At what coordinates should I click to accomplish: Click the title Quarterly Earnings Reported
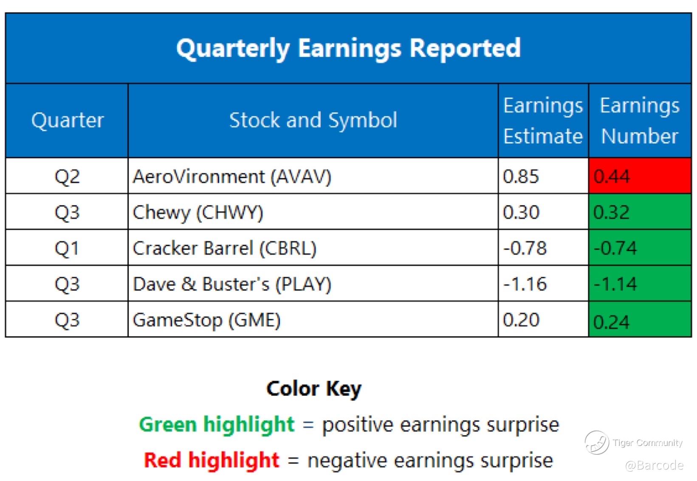point(348,48)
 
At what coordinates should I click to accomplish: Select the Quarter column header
point(67,120)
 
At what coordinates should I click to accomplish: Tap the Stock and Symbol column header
point(313,120)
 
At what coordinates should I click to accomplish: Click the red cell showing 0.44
point(640,176)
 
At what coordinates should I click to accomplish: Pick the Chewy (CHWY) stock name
point(198,213)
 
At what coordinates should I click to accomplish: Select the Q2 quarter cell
point(67,176)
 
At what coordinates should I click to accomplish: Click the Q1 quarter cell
point(67,248)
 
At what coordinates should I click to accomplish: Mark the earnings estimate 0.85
point(521,176)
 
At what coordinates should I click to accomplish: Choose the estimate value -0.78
point(525,248)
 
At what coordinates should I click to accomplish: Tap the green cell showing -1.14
point(640,283)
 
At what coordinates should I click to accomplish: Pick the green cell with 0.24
point(640,319)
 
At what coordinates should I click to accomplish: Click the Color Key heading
point(314,389)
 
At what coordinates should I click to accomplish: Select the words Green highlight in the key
point(217,424)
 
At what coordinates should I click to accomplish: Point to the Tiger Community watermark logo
point(596,442)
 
